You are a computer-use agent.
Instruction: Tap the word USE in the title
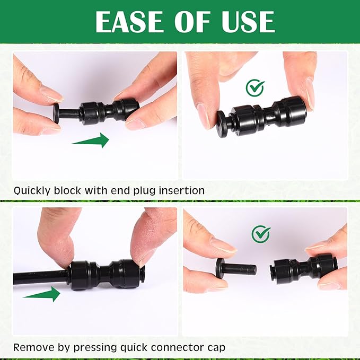(x=247, y=22)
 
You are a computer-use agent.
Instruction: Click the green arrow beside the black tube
(x=42, y=294)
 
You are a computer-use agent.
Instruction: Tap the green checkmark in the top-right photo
(x=256, y=87)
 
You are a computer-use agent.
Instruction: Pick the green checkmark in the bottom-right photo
(x=261, y=233)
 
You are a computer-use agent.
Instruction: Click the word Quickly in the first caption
(x=33, y=190)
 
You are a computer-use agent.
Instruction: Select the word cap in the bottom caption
(x=214, y=348)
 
